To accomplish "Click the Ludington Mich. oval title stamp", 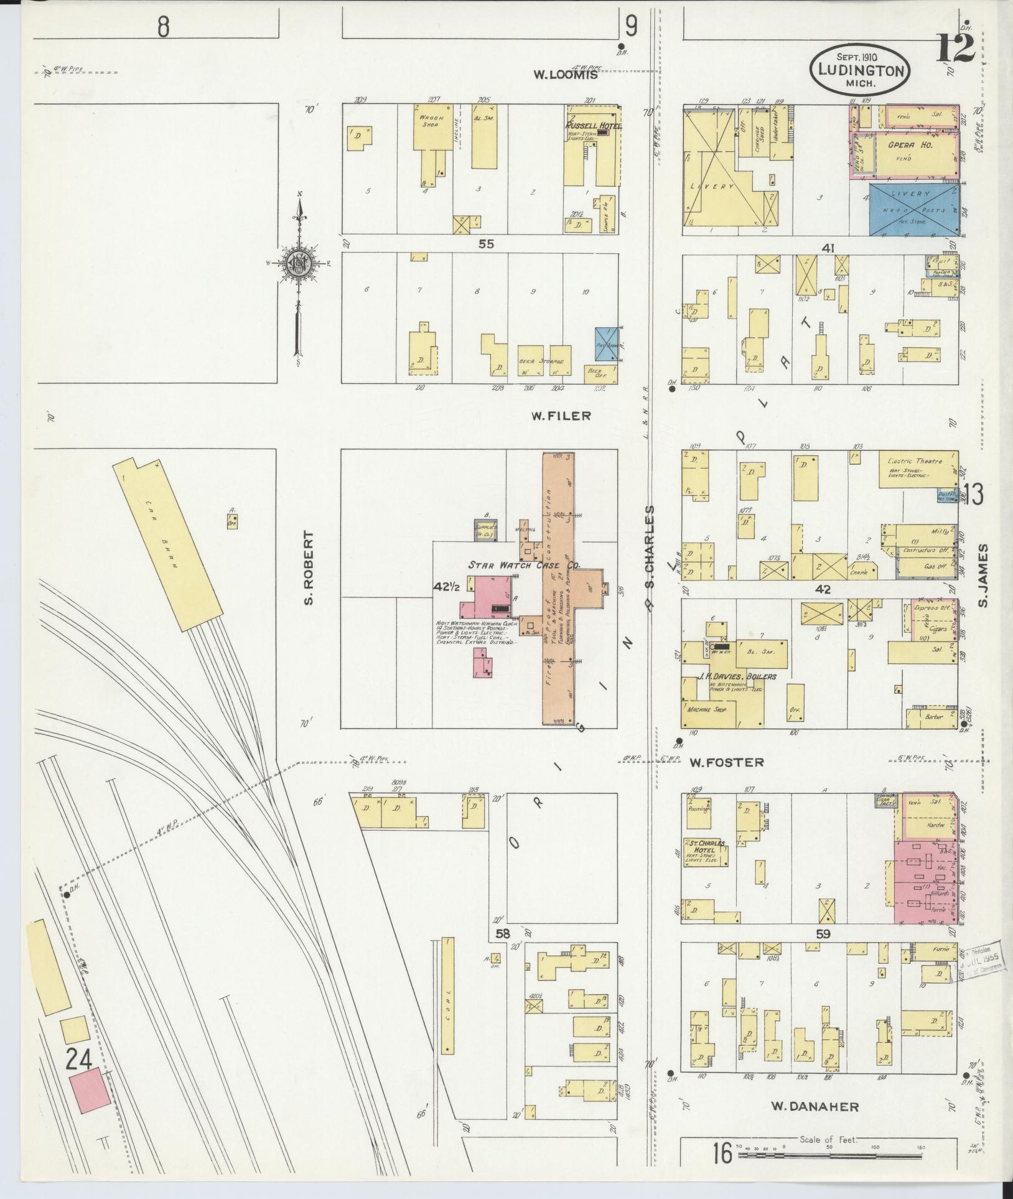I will (x=859, y=70).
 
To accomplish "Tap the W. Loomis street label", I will (x=566, y=75).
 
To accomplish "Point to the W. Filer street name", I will (x=561, y=416).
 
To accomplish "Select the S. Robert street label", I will (x=309, y=567).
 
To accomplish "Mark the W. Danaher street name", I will (x=815, y=1106).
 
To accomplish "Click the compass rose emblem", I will (x=298, y=263).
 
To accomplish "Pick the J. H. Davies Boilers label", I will (x=733, y=676).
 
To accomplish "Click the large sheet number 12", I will (x=954, y=47).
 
